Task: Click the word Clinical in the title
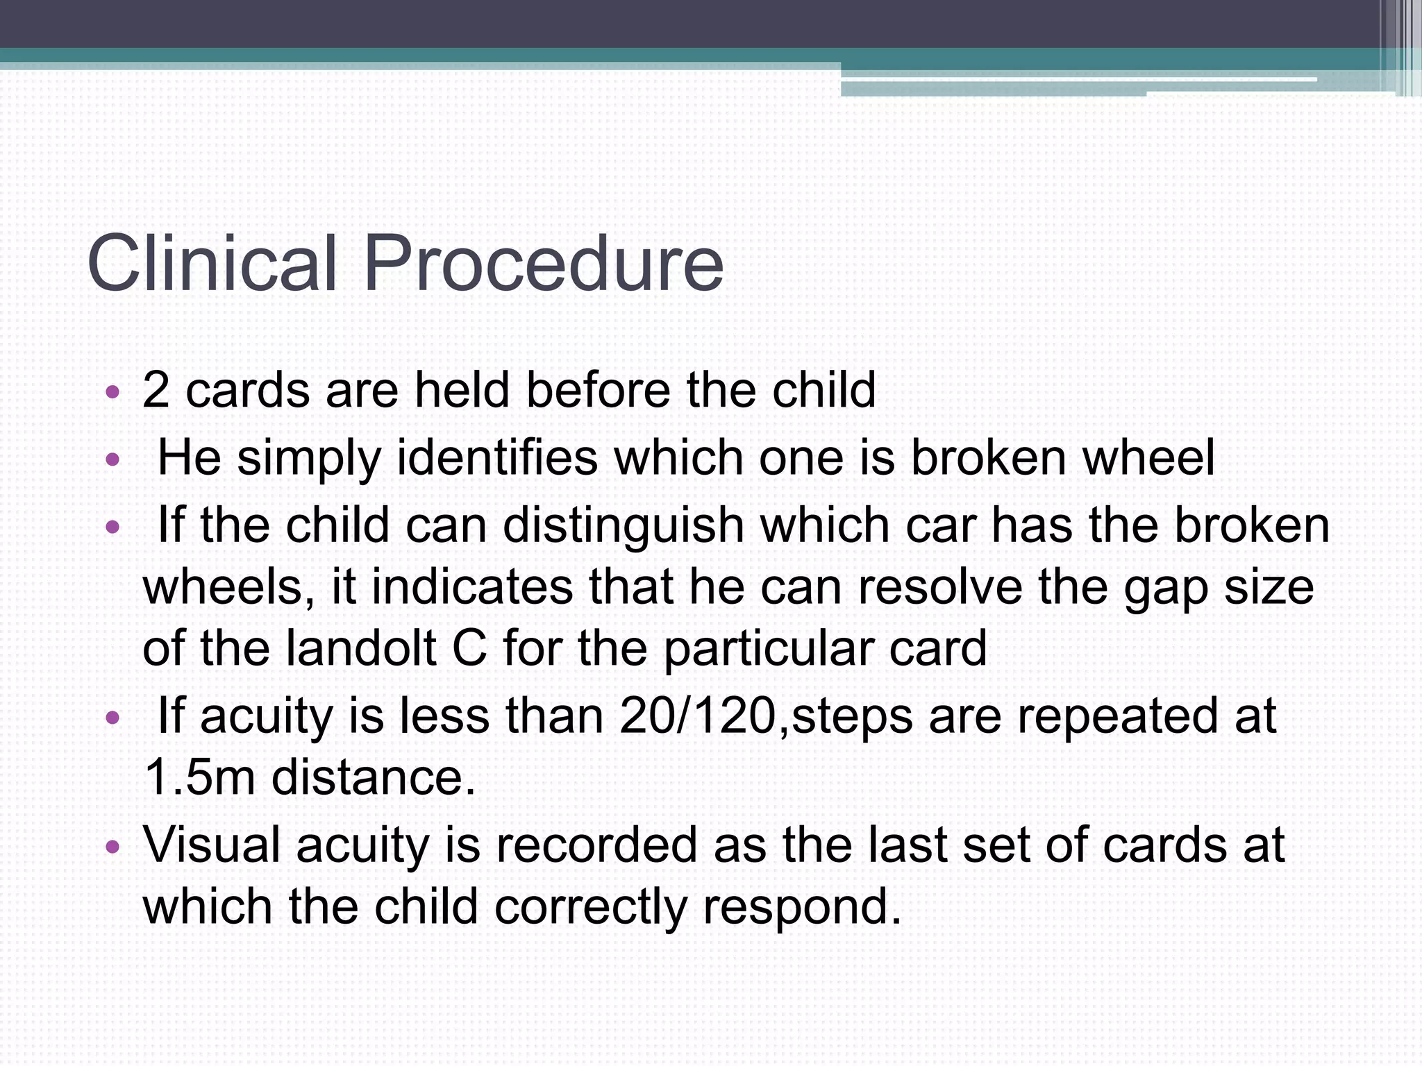point(212,264)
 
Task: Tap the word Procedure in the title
point(543,264)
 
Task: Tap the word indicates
point(472,587)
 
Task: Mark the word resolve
point(940,587)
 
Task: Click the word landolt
point(361,649)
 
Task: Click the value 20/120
point(697,716)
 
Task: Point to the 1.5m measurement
point(200,777)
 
